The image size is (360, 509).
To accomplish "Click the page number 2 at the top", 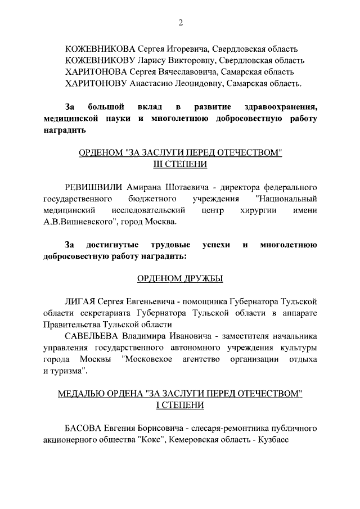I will (x=180, y=23).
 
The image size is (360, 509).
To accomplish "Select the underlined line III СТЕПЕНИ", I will (x=180, y=164).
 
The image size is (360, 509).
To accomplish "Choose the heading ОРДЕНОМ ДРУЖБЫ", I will (x=180, y=278).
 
